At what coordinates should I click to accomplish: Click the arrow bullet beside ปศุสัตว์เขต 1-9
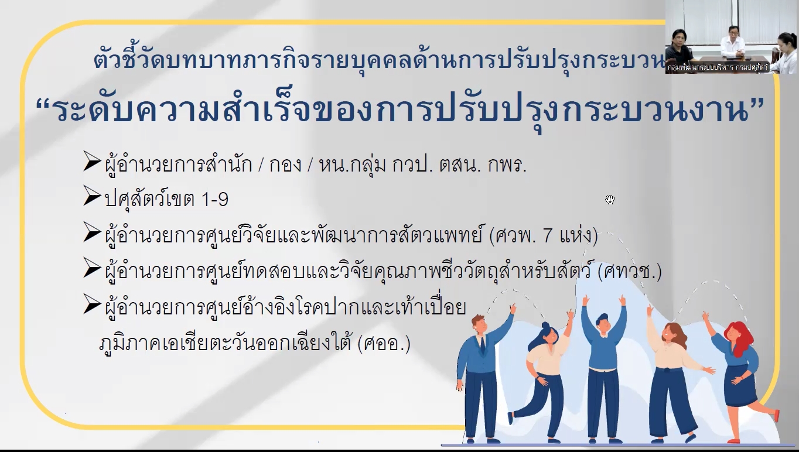pyautogui.click(x=92, y=196)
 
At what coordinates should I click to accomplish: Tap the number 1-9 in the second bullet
pyautogui.click(x=215, y=199)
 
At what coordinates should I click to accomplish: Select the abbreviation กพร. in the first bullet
pyautogui.click(x=507, y=165)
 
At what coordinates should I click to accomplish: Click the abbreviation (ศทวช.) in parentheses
pyautogui.click(x=630, y=272)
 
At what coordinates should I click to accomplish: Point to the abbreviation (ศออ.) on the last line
pyautogui.click(x=384, y=344)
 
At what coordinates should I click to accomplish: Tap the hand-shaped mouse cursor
pyautogui.click(x=610, y=200)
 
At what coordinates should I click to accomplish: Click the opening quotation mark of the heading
pyautogui.click(x=45, y=100)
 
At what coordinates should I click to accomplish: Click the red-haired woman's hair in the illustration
pyautogui.click(x=741, y=337)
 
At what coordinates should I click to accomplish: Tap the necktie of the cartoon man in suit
pyautogui.click(x=482, y=345)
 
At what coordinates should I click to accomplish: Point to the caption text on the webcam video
pyautogui.click(x=718, y=67)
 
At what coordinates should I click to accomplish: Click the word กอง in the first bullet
pyautogui.click(x=285, y=165)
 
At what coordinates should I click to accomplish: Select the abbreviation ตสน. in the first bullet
pyautogui.click(x=460, y=165)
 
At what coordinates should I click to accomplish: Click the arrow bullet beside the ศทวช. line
pyautogui.click(x=92, y=268)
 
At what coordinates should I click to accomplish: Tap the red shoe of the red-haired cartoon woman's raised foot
pyautogui.click(x=776, y=415)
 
